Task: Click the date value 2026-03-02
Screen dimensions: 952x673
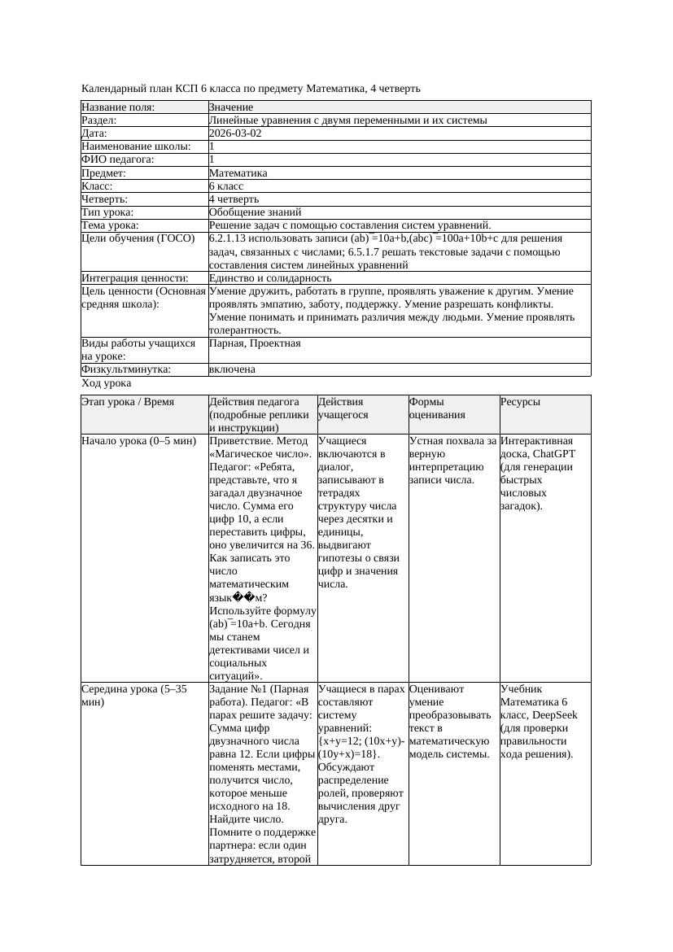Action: (x=235, y=133)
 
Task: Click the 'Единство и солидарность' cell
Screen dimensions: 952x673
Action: (x=270, y=278)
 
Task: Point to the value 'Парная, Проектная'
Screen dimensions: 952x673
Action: (x=255, y=343)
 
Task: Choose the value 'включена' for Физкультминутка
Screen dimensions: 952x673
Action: (x=232, y=369)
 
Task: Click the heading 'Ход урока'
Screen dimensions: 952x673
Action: (x=107, y=383)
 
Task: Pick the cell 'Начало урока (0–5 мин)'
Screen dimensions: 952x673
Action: (x=139, y=441)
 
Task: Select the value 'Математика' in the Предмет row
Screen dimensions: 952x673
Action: (x=238, y=173)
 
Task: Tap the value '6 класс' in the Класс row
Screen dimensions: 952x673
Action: (x=226, y=186)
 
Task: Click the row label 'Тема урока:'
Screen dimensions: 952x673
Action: (x=110, y=225)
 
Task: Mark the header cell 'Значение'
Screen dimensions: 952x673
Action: (x=231, y=107)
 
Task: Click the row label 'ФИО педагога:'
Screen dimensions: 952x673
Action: (x=118, y=160)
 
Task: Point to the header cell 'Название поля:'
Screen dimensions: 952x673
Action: (x=118, y=107)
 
